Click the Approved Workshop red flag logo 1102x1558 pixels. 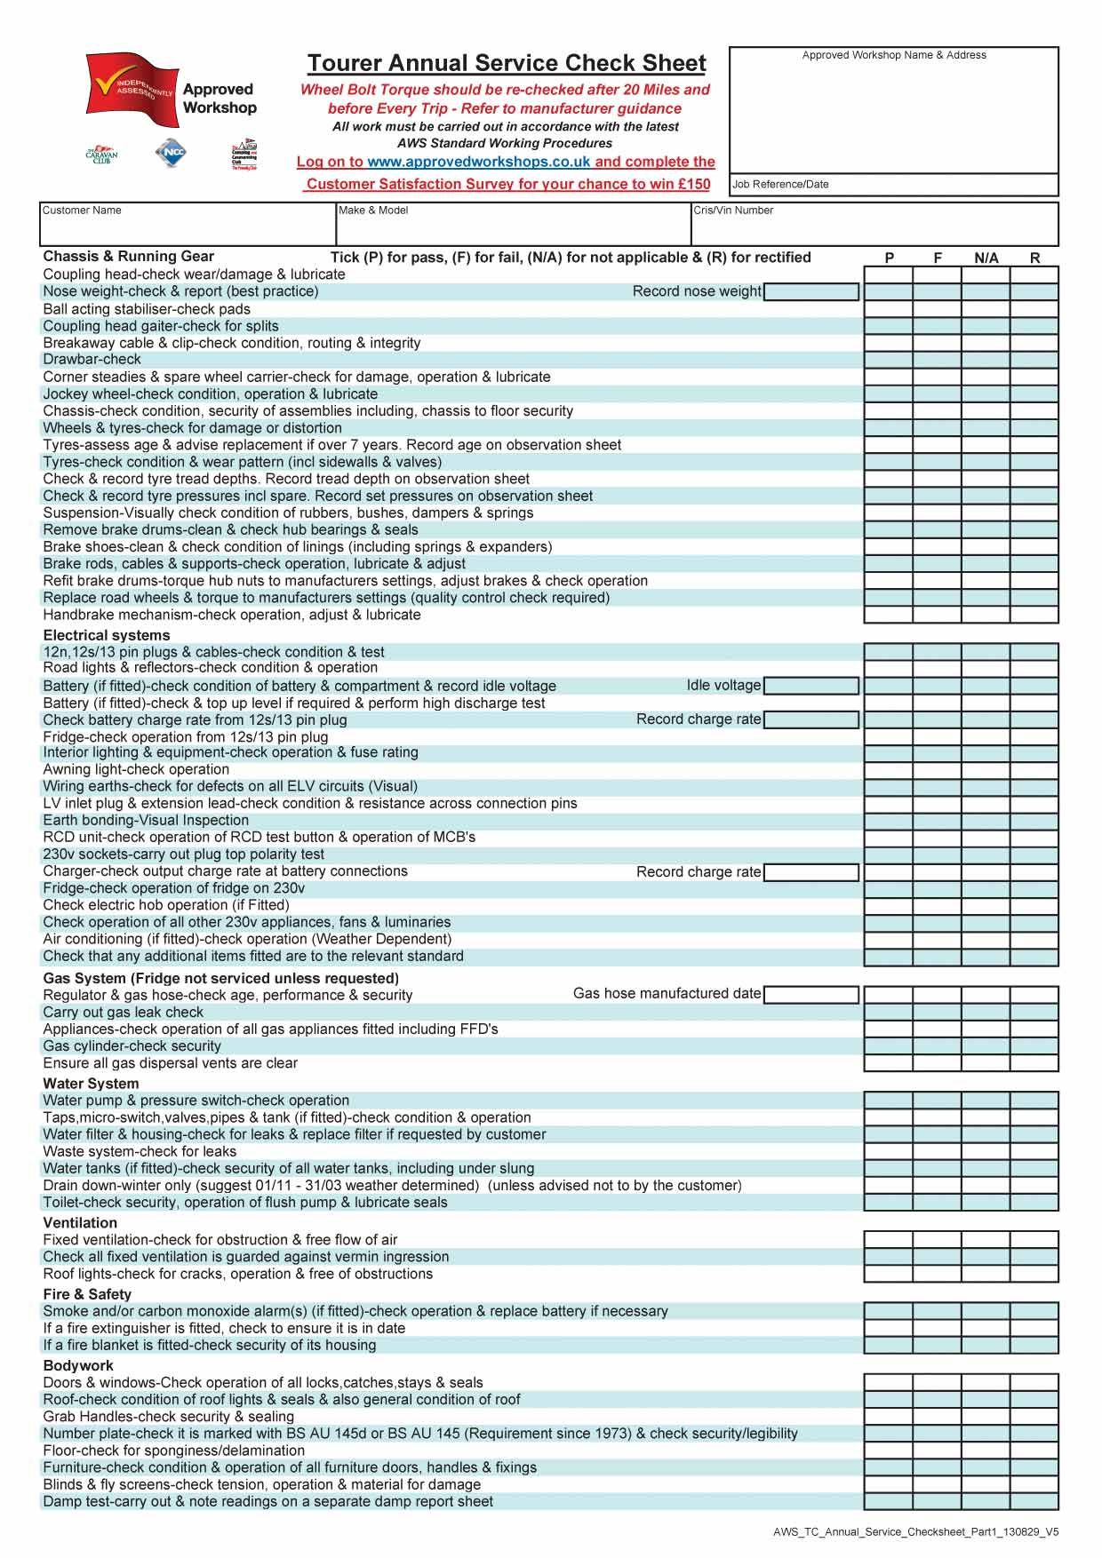pos(130,85)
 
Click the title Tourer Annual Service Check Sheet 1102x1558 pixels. pos(507,63)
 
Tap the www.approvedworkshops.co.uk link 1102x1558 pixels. pos(478,162)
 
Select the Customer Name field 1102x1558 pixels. pos(187,224)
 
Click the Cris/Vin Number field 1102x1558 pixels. pos(874,224)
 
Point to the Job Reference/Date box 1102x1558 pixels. pos(893,185)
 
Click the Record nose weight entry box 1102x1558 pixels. pos(811,291)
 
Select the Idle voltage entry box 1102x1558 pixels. pos(811,686)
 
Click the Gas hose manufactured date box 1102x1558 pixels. pos(811,994)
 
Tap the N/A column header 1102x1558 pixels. pos(986,258)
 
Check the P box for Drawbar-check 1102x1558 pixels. pos(889,360)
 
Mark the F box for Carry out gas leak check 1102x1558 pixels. pos(937,1013)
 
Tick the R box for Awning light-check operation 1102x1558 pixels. pos(1034,770)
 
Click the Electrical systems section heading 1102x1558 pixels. pos(107,635)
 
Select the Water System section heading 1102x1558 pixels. pos(91,1084)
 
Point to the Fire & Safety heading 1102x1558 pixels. pos(87,1294)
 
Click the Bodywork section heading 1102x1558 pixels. pos(78,1365)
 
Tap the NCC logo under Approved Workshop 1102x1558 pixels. pos(171,154)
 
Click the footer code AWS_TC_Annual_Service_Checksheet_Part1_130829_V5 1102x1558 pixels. pos(915,1532)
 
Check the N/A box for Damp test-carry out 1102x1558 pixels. pos(986,1502)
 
